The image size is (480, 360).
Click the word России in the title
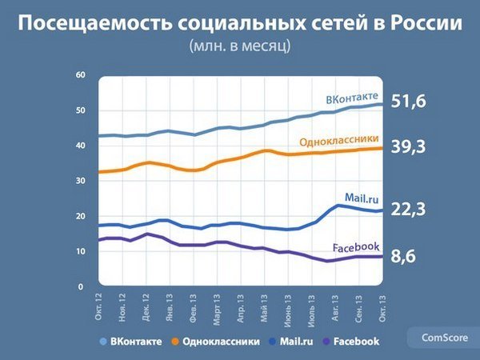(426, 22)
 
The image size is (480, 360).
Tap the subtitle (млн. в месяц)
(240, 46)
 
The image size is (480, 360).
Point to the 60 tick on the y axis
(81, 74)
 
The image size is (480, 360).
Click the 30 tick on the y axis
(81, 181)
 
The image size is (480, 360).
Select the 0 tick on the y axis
(81, 287)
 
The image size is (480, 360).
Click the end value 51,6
(408, 101)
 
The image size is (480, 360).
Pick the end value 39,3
(408, 146)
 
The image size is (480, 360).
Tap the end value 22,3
(408, 210)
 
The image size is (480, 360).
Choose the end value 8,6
(403, 256)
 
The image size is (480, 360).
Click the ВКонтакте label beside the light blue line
(352, 98)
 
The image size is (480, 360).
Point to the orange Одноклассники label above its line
(339, 141)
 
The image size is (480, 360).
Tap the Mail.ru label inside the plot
(362, 198)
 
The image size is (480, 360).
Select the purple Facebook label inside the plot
(356, 247)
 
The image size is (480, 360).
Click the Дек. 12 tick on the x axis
(146, 307)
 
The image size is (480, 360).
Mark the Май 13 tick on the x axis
(264, 308)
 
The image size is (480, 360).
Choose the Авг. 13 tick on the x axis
(335, 308)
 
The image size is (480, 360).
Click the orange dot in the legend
(175, 342)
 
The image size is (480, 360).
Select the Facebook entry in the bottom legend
(356, 342)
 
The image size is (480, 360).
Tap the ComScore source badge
(445, 338)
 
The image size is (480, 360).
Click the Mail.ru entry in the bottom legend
(296, 342)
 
